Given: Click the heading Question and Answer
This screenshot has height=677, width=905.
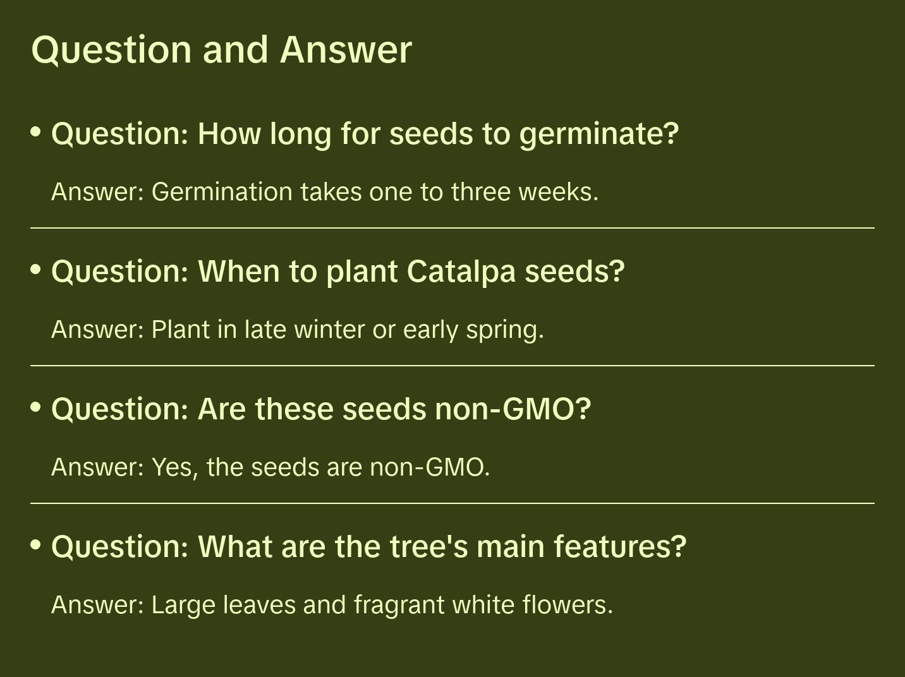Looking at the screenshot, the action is (x=221, y=51).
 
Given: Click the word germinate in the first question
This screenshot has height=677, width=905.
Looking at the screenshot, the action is (x=598, y=135).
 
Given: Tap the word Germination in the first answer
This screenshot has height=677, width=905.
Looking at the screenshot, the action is (x=222, y=192).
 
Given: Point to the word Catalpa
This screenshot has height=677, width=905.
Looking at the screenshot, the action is (x=461, y=272).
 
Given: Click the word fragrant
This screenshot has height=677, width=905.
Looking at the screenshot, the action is (x=399, y=606).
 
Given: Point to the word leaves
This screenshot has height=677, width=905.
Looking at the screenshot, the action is (x=259, y=605).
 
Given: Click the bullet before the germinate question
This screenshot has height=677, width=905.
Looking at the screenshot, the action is (x=36, y=132).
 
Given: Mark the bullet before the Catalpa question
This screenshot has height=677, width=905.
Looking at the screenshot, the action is (x=36, y=270).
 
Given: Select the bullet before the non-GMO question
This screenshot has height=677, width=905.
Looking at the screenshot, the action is (x=36, y=407).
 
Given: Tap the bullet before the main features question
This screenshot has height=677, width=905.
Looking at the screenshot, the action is (x=36, y=545).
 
